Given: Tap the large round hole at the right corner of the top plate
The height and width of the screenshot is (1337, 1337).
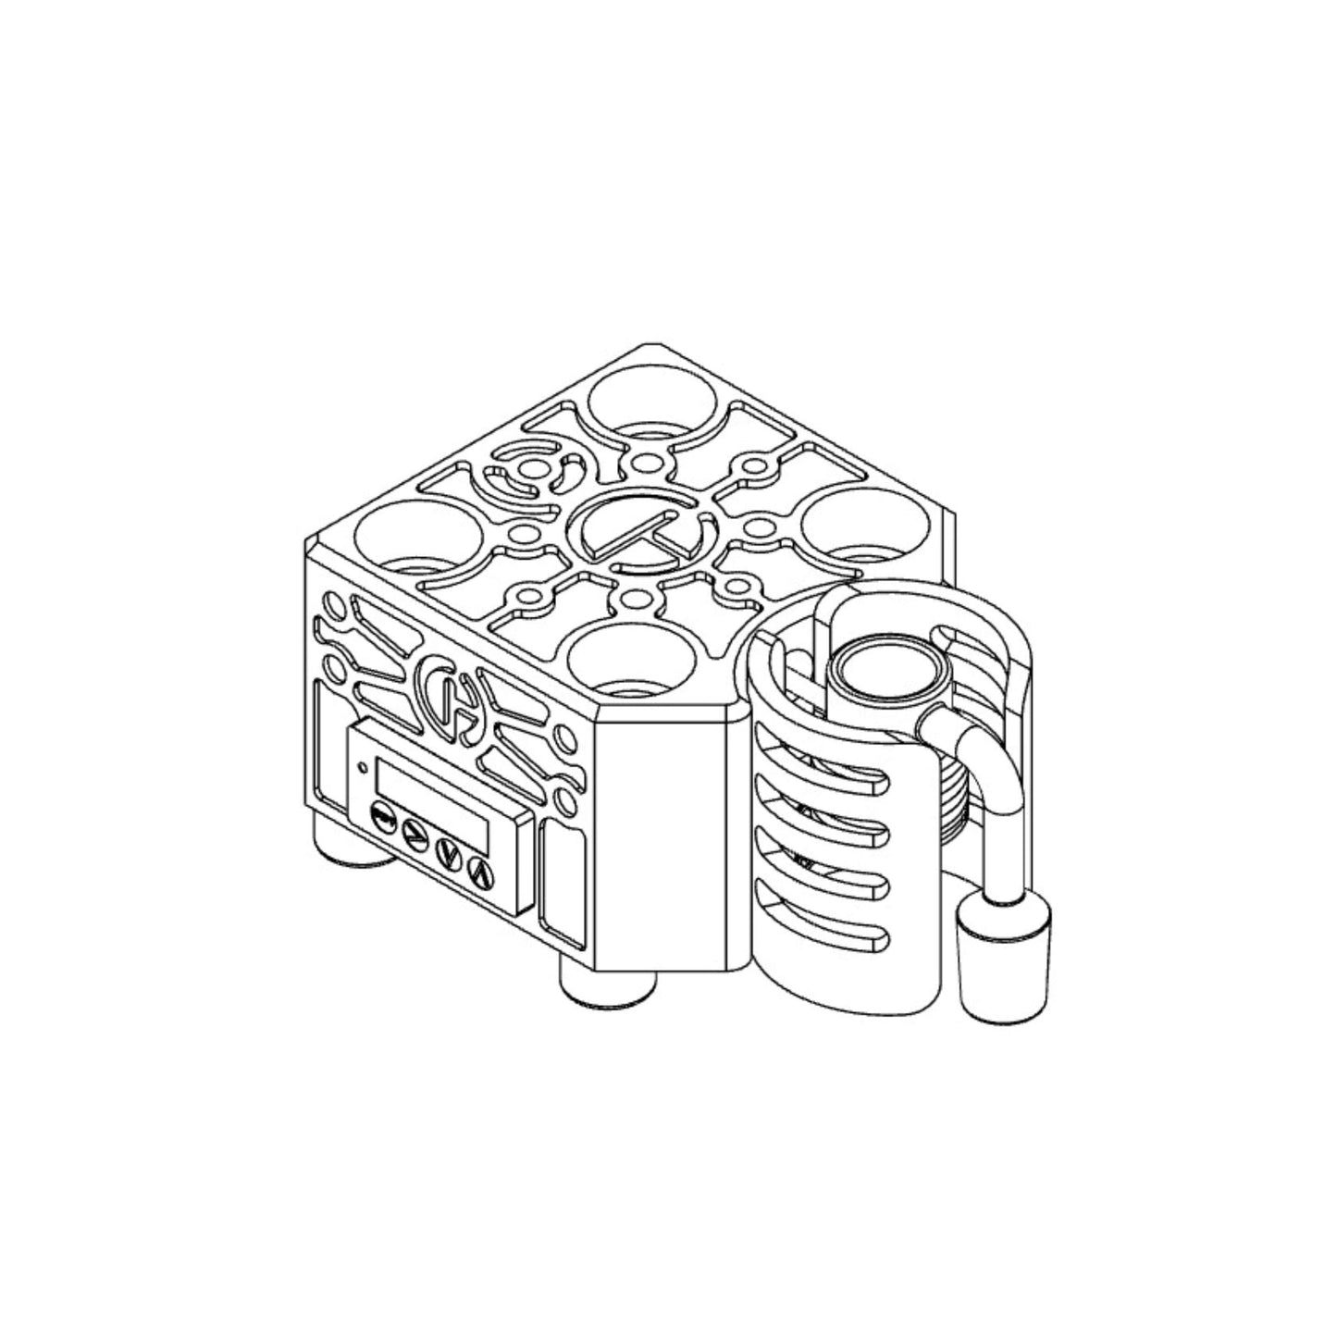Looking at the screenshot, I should click(x=862, y=527).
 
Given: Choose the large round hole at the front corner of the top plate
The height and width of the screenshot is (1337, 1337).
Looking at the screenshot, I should click(x=632, y=662).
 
